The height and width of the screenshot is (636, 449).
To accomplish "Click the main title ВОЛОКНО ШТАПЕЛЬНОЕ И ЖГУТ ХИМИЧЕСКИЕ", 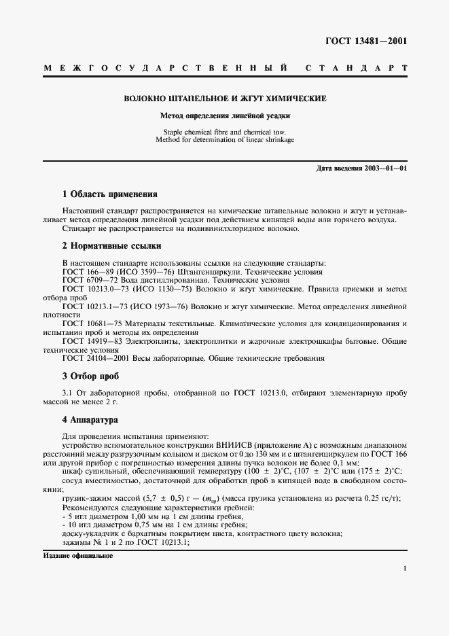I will click(x=224, y=99).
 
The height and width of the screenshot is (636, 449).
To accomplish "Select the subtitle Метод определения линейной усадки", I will click(x=224, y=116).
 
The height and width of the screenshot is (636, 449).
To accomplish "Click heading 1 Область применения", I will click(x=109, y=194).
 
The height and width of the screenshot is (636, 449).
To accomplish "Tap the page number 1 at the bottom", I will click(x=404, y=569).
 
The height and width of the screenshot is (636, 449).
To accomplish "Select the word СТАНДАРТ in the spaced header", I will click(x=355, y=69).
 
